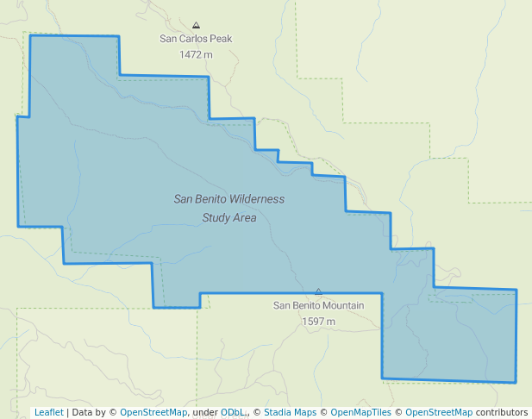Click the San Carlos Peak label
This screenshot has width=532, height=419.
pyautogui.click(x=196, y=39)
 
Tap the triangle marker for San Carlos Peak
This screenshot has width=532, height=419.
pyautogui.click(x=197, y=25)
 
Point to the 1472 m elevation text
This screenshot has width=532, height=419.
pyautogui.click(x=196, y=54)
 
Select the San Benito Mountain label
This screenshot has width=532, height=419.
pyautogui.click(x=318, y=305)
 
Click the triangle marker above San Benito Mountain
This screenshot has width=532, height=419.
pyautogui.click(x=318, y=292)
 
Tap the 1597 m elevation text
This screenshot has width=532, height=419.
pyautogui.click(x=318, y=321)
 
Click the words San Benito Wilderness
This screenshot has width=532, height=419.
pyautogui.click(x=228, y=199)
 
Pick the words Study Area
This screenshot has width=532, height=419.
pyautogui.click(x=228, y=218)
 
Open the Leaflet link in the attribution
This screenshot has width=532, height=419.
pyautogui.click(x=49, y=412)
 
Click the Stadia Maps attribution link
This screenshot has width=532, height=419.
pyautogui.click(x=290, y=412)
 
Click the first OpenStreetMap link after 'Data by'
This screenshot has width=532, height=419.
pyautogui.click(x=153, y=412)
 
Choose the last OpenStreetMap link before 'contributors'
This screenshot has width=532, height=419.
pyautogui.click(x=439, y=412)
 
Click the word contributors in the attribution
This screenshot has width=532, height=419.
pyautogui.click(x=502, y=412)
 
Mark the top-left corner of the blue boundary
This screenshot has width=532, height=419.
pyautogui.click(x=30, y=36)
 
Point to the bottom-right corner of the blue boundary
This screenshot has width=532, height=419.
pyautogui.click(x=516, y=382)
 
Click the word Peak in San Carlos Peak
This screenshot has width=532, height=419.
pyautogui.click(x=219, y=39)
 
